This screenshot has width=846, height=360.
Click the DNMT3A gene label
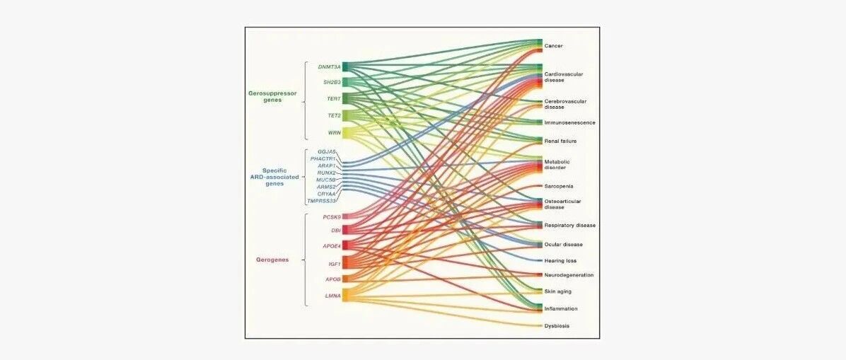pyautogui.click(x=329, y=67)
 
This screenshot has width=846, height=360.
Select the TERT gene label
pyautogui.click(x=332, y=98)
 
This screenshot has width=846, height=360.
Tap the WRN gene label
pyautogui.click(x=333, y=132)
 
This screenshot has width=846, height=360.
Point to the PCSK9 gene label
pyautogui.click(x=332, y=216)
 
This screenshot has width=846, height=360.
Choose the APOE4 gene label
pyautogui.click(x=331, y=245)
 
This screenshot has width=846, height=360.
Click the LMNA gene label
pyautogui.click(x=332, y=295)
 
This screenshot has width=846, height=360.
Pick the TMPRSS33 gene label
pyautogui.click(x=321, y=201)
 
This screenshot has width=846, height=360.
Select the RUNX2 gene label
pyautogui.click(x=326, y=173)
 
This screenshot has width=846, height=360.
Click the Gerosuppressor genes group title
pyautogui.click(x=272, y=97)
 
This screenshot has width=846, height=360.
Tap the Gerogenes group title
pyautogui.click(x=272, y=260)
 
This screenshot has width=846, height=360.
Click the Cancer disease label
pyautogui.click(x=553, y=46)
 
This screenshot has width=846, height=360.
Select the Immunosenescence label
pyautogui.click(x=569, y=122)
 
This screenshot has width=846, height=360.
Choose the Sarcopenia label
pyautogui.click(x=558, y=186)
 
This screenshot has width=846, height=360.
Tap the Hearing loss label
pyautogui.click(x=561, y=260)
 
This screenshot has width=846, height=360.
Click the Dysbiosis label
pyautogui.click(x=557, y=326)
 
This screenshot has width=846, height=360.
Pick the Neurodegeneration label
pyautogui.click(x=569, y=274)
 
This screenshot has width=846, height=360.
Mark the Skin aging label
pyautogui.click(x=557, y=291)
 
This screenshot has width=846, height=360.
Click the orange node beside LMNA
pyautogui.click(x=347, y=295)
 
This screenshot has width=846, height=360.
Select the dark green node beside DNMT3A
pyautogui.click(x=347, y=67)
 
